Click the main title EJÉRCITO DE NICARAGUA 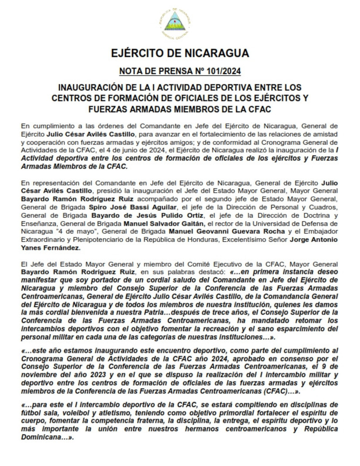(180, 53)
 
